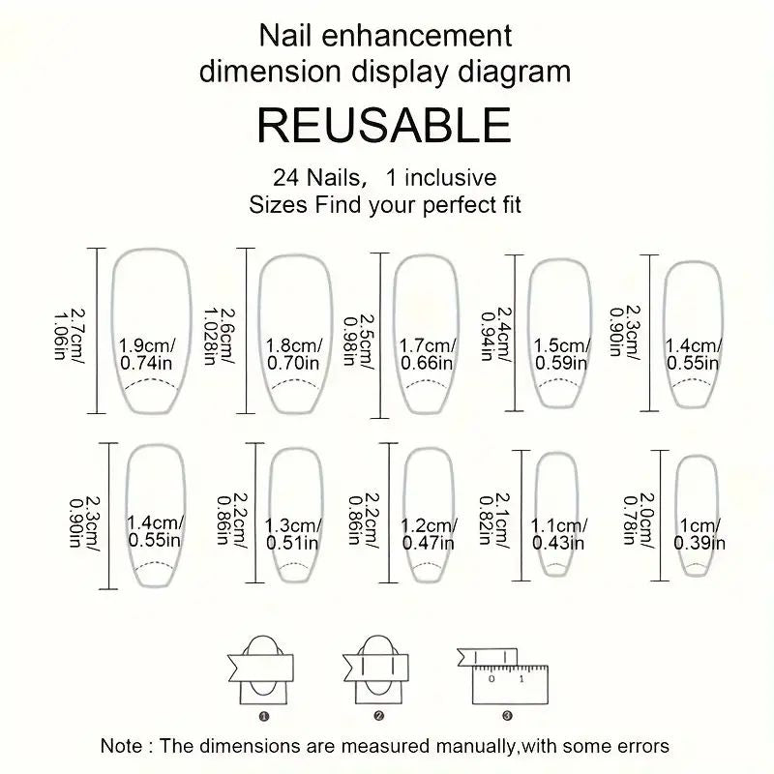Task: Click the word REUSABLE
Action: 384,126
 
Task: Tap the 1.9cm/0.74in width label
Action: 147,354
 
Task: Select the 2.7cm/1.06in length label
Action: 69,334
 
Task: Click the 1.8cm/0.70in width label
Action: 294,354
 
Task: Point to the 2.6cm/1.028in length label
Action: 220,336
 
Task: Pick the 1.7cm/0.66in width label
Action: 428,354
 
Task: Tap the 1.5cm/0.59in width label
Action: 562,354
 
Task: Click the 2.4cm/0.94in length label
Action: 496,334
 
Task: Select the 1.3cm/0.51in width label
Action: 293,534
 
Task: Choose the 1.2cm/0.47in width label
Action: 429,534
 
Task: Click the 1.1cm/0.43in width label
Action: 559,534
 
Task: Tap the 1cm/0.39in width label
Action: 700,534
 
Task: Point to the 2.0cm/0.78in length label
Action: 639,521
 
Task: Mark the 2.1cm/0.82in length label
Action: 494,519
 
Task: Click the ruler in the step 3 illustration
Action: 510,685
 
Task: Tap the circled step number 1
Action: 264,716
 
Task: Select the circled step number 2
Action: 379,716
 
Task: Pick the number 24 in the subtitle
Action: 285,178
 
